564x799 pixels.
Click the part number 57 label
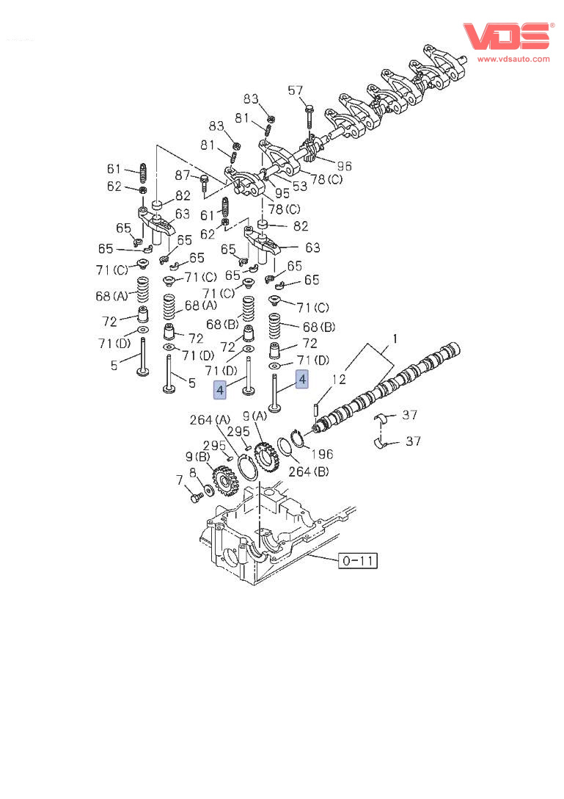[x=295, y=90]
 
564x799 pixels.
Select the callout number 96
[x=344, y=166]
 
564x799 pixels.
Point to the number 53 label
[x=299, y=187]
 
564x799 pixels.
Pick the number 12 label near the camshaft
[x=338, y=380]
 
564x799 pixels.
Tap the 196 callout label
[x=321, y=455]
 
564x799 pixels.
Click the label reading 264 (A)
[x=210, y=420]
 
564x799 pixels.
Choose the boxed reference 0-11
[x=358, y=562]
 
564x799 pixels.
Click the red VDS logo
[x=505, y=36]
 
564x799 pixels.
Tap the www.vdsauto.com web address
[x=513, y=59]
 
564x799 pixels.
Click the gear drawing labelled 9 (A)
[x=265, y=458]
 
